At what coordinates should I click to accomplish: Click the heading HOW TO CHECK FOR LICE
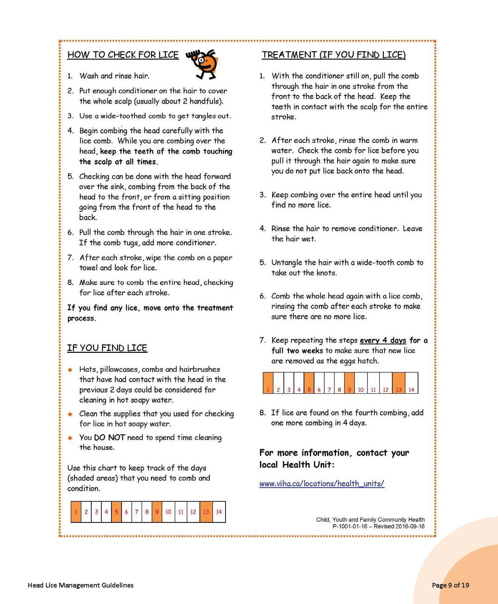pos(123,55)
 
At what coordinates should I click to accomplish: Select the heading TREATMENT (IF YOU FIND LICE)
pos(334,55)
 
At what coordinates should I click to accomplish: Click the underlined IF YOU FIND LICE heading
pos(107,348)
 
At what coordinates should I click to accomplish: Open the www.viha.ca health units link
pos(322,484)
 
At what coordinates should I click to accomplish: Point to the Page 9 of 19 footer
pos(450,585)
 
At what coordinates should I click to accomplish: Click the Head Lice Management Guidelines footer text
pos(80,585)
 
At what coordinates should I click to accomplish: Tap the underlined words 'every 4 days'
pos(383,340)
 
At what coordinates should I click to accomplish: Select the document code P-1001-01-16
pos(350,526)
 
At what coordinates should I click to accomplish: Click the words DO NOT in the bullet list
pos(109,438)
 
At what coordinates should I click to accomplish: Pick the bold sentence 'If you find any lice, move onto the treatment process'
pos(150,313)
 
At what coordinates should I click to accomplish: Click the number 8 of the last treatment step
pos(262,413)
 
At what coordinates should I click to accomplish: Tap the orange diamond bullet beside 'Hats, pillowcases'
pos(70,369)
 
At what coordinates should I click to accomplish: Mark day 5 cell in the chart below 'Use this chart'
pos(116,512)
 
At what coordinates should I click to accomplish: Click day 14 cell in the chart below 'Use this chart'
pos(219,512)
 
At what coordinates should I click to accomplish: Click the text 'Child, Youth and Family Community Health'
pos(370,520)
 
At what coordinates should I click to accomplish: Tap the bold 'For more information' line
pos(334,453)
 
